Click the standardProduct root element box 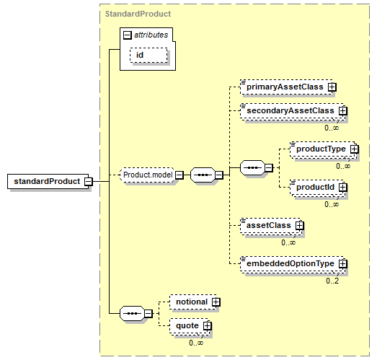tap(48, 181)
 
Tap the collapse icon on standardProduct tap(88, 182)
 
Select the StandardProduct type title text tap(138, 14)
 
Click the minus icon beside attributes tap(127, 35)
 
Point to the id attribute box tap(148, 55)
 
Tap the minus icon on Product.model tap(179, 175)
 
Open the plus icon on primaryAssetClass tap(332, 87)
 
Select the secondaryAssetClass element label tap(290, 110)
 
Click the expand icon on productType tap(354, 149)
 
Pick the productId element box tap(318, 188)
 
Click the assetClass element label tap(269, 226)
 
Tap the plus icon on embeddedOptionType tap(343, 264)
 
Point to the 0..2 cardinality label tap(332, 281)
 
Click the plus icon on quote tap(208, 326)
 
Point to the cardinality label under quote tap(196, 343)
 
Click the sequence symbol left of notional tap(133, 313)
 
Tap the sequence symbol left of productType tap(253, 167)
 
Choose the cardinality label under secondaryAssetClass tap(332, 128)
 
